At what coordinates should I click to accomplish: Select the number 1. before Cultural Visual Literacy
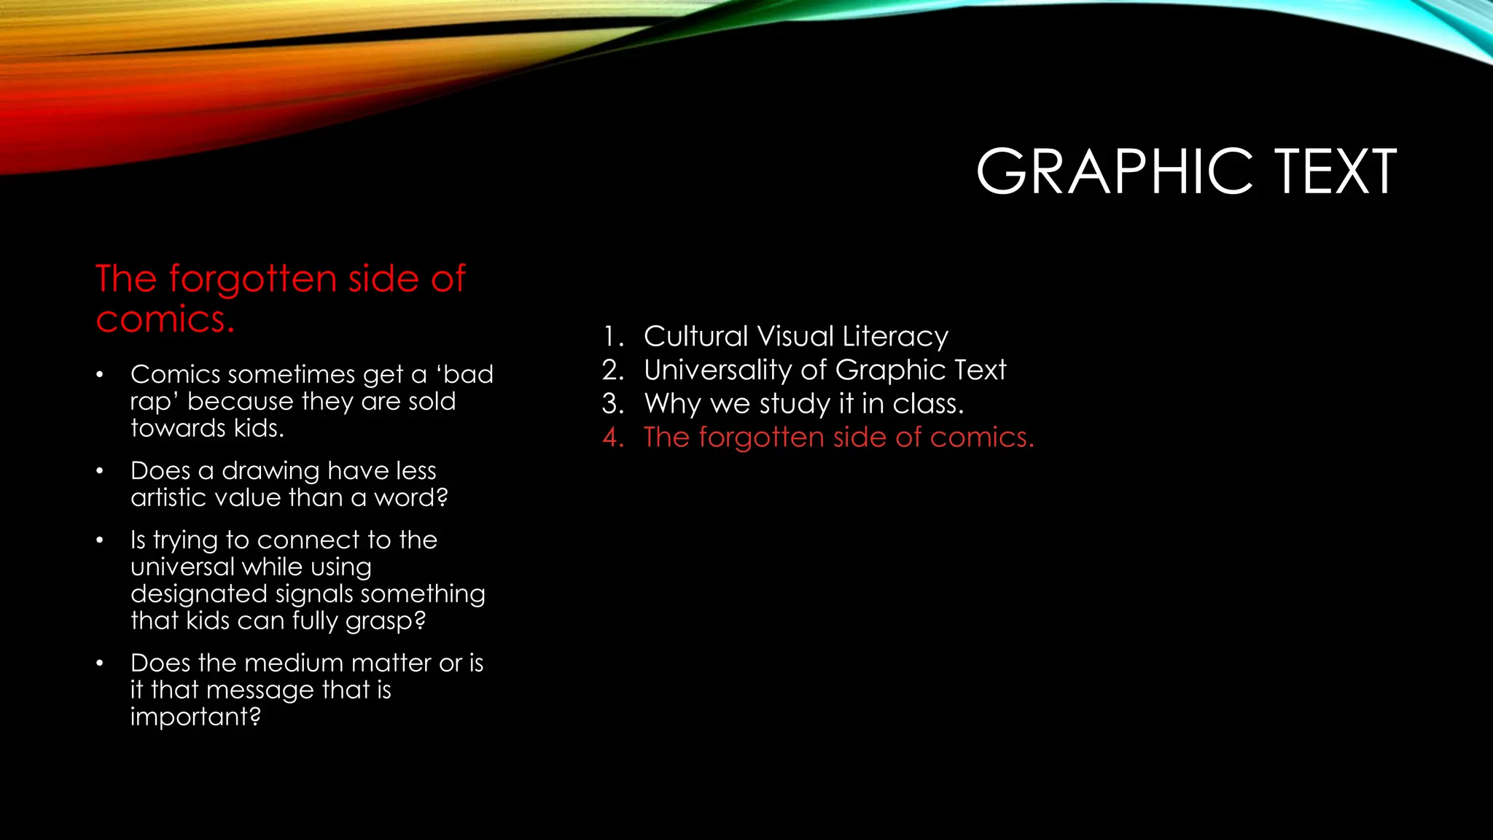tap(613, 337)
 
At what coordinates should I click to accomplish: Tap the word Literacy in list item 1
tap(895, 337)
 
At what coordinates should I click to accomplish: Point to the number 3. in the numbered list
tap(613, 404)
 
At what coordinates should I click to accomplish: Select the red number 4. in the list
tap(613, 437)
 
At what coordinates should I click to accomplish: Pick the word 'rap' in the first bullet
tap(154, 402)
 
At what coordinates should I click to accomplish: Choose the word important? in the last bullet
tap(195, 717)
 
